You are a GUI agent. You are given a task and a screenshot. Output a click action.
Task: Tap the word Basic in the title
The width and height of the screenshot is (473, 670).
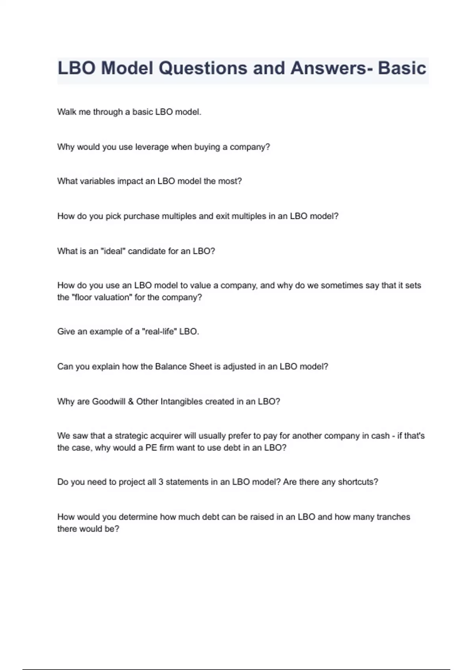click(402, 68)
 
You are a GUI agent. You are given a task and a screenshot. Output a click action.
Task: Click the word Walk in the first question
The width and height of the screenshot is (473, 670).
click(66, 112)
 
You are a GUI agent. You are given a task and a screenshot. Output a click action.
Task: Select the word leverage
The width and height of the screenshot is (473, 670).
click(152, 147)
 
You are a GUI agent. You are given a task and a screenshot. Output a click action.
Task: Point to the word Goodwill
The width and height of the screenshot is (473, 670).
click(108, 402)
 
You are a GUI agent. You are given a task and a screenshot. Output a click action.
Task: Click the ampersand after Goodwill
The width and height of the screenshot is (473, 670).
click(131, 402)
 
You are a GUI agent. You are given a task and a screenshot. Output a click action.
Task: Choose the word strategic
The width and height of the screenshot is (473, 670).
click(131, 436)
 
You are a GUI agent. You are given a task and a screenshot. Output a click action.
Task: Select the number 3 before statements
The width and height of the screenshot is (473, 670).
click(161, 482)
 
